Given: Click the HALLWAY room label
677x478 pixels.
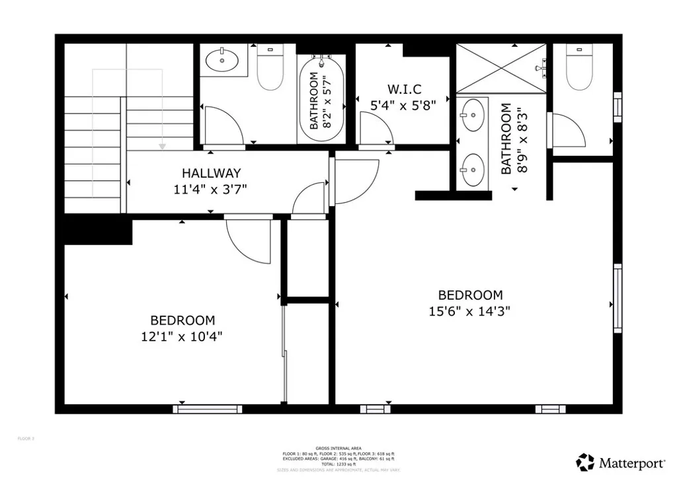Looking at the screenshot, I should [211, 174].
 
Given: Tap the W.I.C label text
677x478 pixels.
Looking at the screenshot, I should [404, 88].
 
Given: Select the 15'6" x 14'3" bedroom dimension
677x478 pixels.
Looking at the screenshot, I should [470, 311].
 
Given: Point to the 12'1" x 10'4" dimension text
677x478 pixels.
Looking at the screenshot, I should [182, 336].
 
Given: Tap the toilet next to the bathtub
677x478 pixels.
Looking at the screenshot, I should [269, 69].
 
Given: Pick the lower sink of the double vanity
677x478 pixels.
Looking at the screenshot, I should [472, 169].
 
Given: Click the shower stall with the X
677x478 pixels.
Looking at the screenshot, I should [501, 69].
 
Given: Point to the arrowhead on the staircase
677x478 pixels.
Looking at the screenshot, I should [161, 145].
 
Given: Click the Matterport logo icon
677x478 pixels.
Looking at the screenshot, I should [585, 461].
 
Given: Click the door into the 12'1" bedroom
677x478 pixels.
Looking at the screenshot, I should [247, 240].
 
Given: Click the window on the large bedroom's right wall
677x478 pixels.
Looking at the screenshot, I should [617, 297].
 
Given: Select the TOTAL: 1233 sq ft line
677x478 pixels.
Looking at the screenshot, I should [338, 464].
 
